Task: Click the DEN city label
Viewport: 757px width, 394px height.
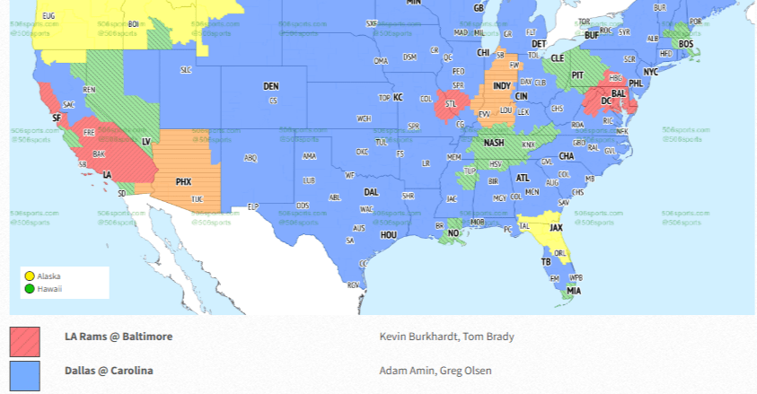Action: [x=271, y=86]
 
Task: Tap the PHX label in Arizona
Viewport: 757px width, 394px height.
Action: [x=183, y=181]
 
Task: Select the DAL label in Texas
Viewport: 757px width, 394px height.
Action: [x=371, y=192]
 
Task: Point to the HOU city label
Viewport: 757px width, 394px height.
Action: [x=389, y=235]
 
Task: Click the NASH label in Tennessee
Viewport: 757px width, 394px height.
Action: [x=494, y=143]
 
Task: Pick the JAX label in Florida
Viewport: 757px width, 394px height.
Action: [x=556, y=227]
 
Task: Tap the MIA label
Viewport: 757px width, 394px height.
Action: [x=574, y=291]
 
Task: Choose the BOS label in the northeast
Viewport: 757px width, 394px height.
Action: [x=686, y=43]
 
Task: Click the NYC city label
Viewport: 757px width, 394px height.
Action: [x=651, y=71]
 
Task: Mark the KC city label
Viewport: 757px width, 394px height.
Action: [x=398, y=97]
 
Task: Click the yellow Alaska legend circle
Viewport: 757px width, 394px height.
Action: [x=29, y=276]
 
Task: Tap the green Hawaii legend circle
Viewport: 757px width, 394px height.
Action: [x=29, y=289]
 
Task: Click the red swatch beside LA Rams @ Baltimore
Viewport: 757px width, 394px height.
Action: [x=25, y=341]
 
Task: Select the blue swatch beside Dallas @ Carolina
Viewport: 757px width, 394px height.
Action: [x=25, y=375]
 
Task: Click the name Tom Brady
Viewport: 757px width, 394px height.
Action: [x=489, y=337]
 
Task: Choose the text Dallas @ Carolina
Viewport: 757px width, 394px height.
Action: [x=109, y=371]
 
